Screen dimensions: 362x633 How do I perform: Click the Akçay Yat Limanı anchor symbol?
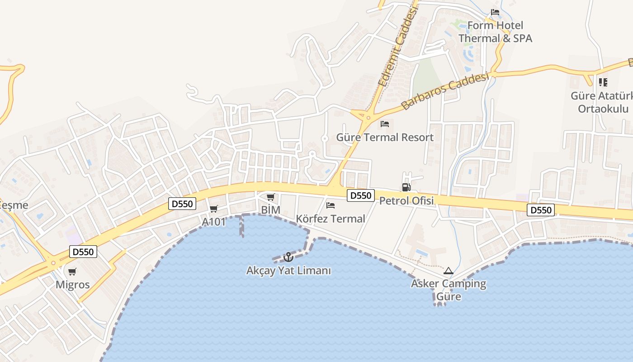tap(288, 257)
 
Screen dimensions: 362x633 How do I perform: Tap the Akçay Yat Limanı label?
tap(288, 271)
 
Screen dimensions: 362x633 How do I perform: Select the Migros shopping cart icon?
tap(72, 272)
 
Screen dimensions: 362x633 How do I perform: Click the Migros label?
tap(72, 285)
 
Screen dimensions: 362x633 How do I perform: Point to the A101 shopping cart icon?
tap(214, 209)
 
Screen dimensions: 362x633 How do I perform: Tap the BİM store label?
tap(271, 210)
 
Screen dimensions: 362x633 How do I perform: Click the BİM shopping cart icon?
tap(270, 197)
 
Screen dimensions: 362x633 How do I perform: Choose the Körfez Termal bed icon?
tap(331, 205)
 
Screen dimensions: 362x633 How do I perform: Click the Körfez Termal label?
tap(330, 219)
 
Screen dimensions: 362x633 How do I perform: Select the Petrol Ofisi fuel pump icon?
tap(406, 187)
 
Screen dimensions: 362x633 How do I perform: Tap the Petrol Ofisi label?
tap(406, 200)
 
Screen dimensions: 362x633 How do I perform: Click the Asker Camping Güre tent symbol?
tap(449, 271)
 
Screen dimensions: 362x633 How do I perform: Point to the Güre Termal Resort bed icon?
tap(385, 124)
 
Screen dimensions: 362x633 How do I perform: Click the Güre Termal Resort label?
tap(385, 137)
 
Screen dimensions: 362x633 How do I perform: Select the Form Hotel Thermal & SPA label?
tap(495, 32)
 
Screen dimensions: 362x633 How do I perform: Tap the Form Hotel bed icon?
tap(495, 12)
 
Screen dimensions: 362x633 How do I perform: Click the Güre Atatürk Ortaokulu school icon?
tap(603, 82)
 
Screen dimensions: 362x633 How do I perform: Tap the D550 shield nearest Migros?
tap(83, 252)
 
